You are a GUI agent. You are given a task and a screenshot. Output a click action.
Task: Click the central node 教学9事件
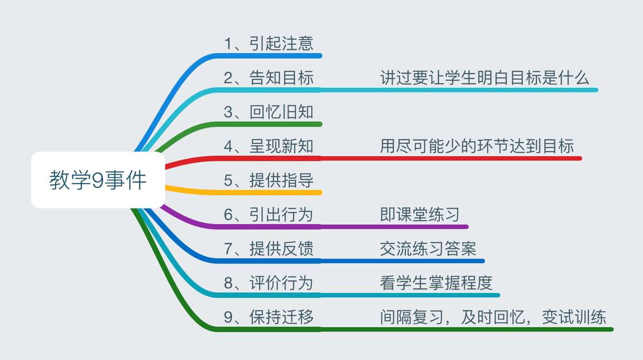point(98,180)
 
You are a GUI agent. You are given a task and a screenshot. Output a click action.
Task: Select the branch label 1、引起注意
point(269,44)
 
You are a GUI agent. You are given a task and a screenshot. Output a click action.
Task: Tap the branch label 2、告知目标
point(269,78)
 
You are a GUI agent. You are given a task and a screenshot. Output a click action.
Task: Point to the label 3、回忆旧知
point(269,112)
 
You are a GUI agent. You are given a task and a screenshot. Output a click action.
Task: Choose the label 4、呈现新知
point(269,146)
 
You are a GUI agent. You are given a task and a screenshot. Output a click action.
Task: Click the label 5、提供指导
point(269,180)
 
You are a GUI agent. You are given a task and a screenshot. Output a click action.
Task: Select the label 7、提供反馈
point(269,249)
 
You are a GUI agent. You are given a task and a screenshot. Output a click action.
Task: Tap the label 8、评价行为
point(269,282)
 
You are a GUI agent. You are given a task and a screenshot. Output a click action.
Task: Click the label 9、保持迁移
point(269,317)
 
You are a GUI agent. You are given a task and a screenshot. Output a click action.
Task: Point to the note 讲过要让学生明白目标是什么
point(485,78)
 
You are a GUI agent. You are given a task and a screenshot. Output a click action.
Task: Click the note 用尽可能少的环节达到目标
point(477,146)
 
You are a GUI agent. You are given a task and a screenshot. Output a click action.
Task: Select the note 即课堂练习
point(420,214)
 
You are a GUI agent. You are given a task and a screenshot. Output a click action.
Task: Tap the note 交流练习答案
point(428,249)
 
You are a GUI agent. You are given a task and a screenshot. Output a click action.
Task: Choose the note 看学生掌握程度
point(436,282)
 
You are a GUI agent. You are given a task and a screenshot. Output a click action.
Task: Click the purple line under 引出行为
point(344,227)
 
